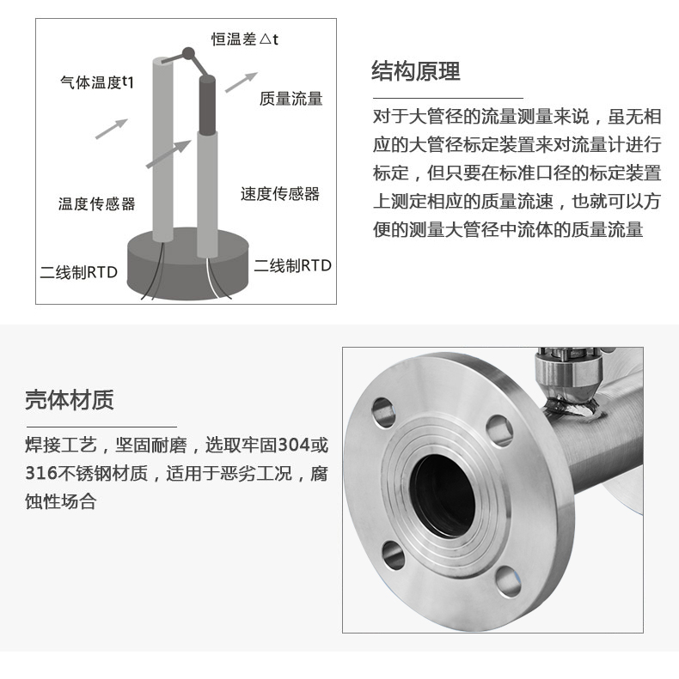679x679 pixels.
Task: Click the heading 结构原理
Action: [x=415, y=71]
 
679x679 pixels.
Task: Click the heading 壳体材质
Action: [x=70, y=399]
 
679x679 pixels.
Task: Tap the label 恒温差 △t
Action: [x=245, y=39]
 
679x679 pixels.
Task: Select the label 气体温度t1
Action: [x=97, y=82]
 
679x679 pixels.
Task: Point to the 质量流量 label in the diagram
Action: [x=291, y=99]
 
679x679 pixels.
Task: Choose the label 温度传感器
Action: [x=96, y=204]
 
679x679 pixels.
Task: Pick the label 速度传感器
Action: [x=280, y=193]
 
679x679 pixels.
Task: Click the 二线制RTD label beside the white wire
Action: [x=293, y=265]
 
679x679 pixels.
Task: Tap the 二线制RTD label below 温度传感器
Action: [x=79, y=272]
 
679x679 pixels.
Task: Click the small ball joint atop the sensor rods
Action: [x=188, y=53]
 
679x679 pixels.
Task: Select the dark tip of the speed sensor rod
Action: [x=207, y=105]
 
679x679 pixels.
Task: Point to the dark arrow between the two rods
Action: [x=168, y=155]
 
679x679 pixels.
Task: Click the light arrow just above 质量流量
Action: [x=241, y=82]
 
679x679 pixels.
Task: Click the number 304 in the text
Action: [x=294, y=445]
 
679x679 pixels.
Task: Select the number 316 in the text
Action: [x=41, y=473]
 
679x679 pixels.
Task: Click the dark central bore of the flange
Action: [x=443, y=496]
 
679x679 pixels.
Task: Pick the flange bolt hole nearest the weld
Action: [x=499, y=430]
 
